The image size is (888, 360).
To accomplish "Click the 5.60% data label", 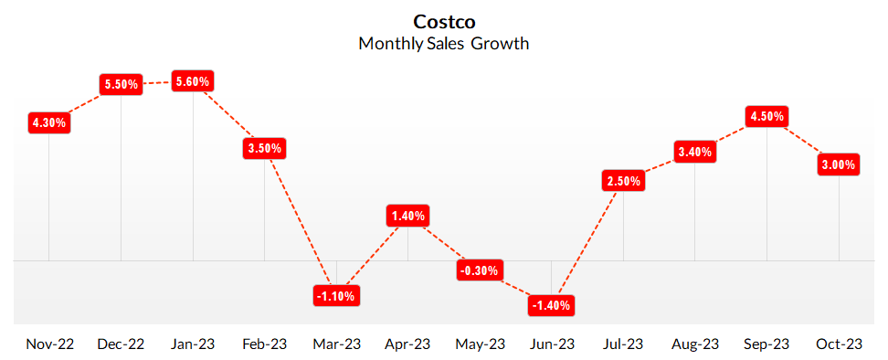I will point(193,81).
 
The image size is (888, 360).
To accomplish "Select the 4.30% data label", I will point(48,122).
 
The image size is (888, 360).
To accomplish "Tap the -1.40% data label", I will point(552,304).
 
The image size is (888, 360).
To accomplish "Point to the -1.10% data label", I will point(336,295).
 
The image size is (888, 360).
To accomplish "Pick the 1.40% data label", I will point(407,217).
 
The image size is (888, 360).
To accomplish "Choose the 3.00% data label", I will point(839,164).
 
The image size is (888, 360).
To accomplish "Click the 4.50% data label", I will point(766,117).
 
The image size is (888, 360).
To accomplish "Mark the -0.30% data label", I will point(480,270).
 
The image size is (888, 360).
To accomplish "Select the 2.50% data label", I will point(624,181).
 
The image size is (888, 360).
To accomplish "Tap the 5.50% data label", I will point(122,84).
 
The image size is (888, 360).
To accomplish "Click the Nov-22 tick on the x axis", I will point(49,344).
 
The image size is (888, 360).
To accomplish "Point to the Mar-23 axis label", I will point(336,344).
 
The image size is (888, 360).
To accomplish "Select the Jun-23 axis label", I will point(552,344).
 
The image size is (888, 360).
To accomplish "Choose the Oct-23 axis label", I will point(839,344).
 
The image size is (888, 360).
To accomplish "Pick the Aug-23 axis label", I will point(695,344).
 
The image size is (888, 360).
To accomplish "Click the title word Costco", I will point(444,21).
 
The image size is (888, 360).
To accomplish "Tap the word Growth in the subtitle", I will point(500,43).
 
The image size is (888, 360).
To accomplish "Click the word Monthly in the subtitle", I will point(391,43).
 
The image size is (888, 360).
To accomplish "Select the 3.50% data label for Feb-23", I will point(265,149).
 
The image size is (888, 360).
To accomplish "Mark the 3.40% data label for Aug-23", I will point(695,152).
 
